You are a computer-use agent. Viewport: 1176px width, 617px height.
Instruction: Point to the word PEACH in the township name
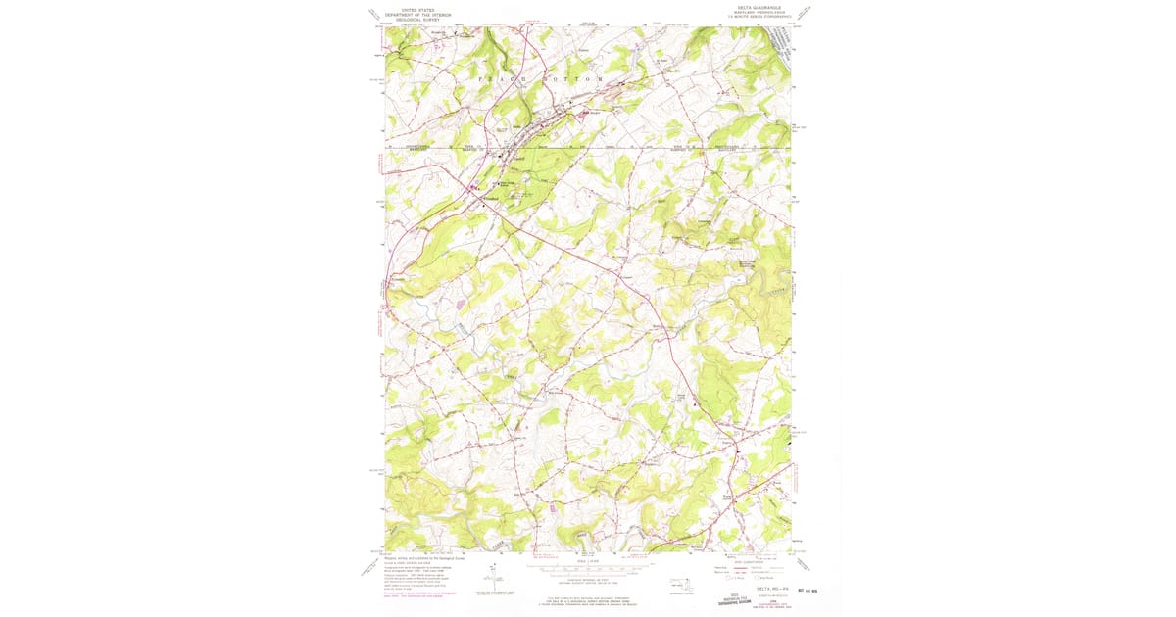pyautogui.click(x=496, y=75)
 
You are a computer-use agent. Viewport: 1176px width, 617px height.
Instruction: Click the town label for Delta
pyautogui.click(x=516, y=126)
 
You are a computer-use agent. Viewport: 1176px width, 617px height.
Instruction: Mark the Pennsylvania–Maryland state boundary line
pyautogui.click(x=588, y=149)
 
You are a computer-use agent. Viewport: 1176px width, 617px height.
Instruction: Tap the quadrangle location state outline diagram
pyautogui.click(x=678, y=585)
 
